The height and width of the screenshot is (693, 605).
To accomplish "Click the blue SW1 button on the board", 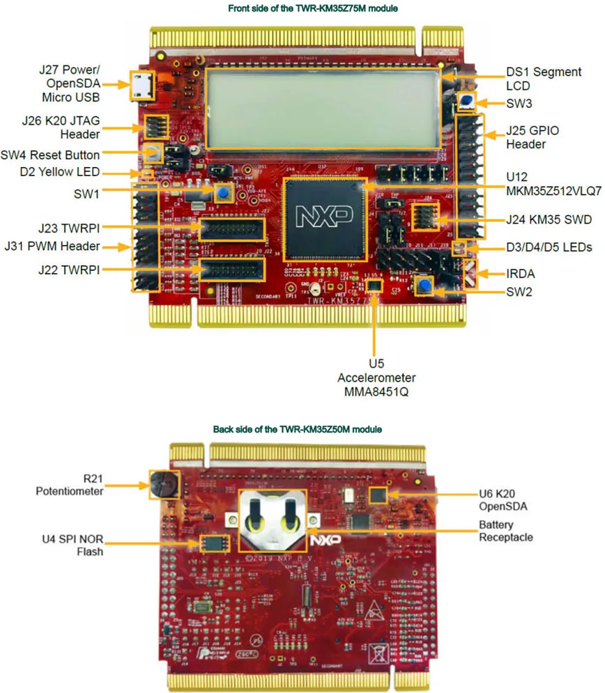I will coord(222,193).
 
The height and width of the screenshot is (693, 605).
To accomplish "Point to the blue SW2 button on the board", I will coord(422,286).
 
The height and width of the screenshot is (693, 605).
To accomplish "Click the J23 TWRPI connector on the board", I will coord(232,228).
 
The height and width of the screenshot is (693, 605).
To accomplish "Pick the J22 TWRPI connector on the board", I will coord(232,269).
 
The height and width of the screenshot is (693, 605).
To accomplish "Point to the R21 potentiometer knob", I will coord(160,483).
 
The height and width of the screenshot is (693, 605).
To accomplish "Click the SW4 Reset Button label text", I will coord(60,154).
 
